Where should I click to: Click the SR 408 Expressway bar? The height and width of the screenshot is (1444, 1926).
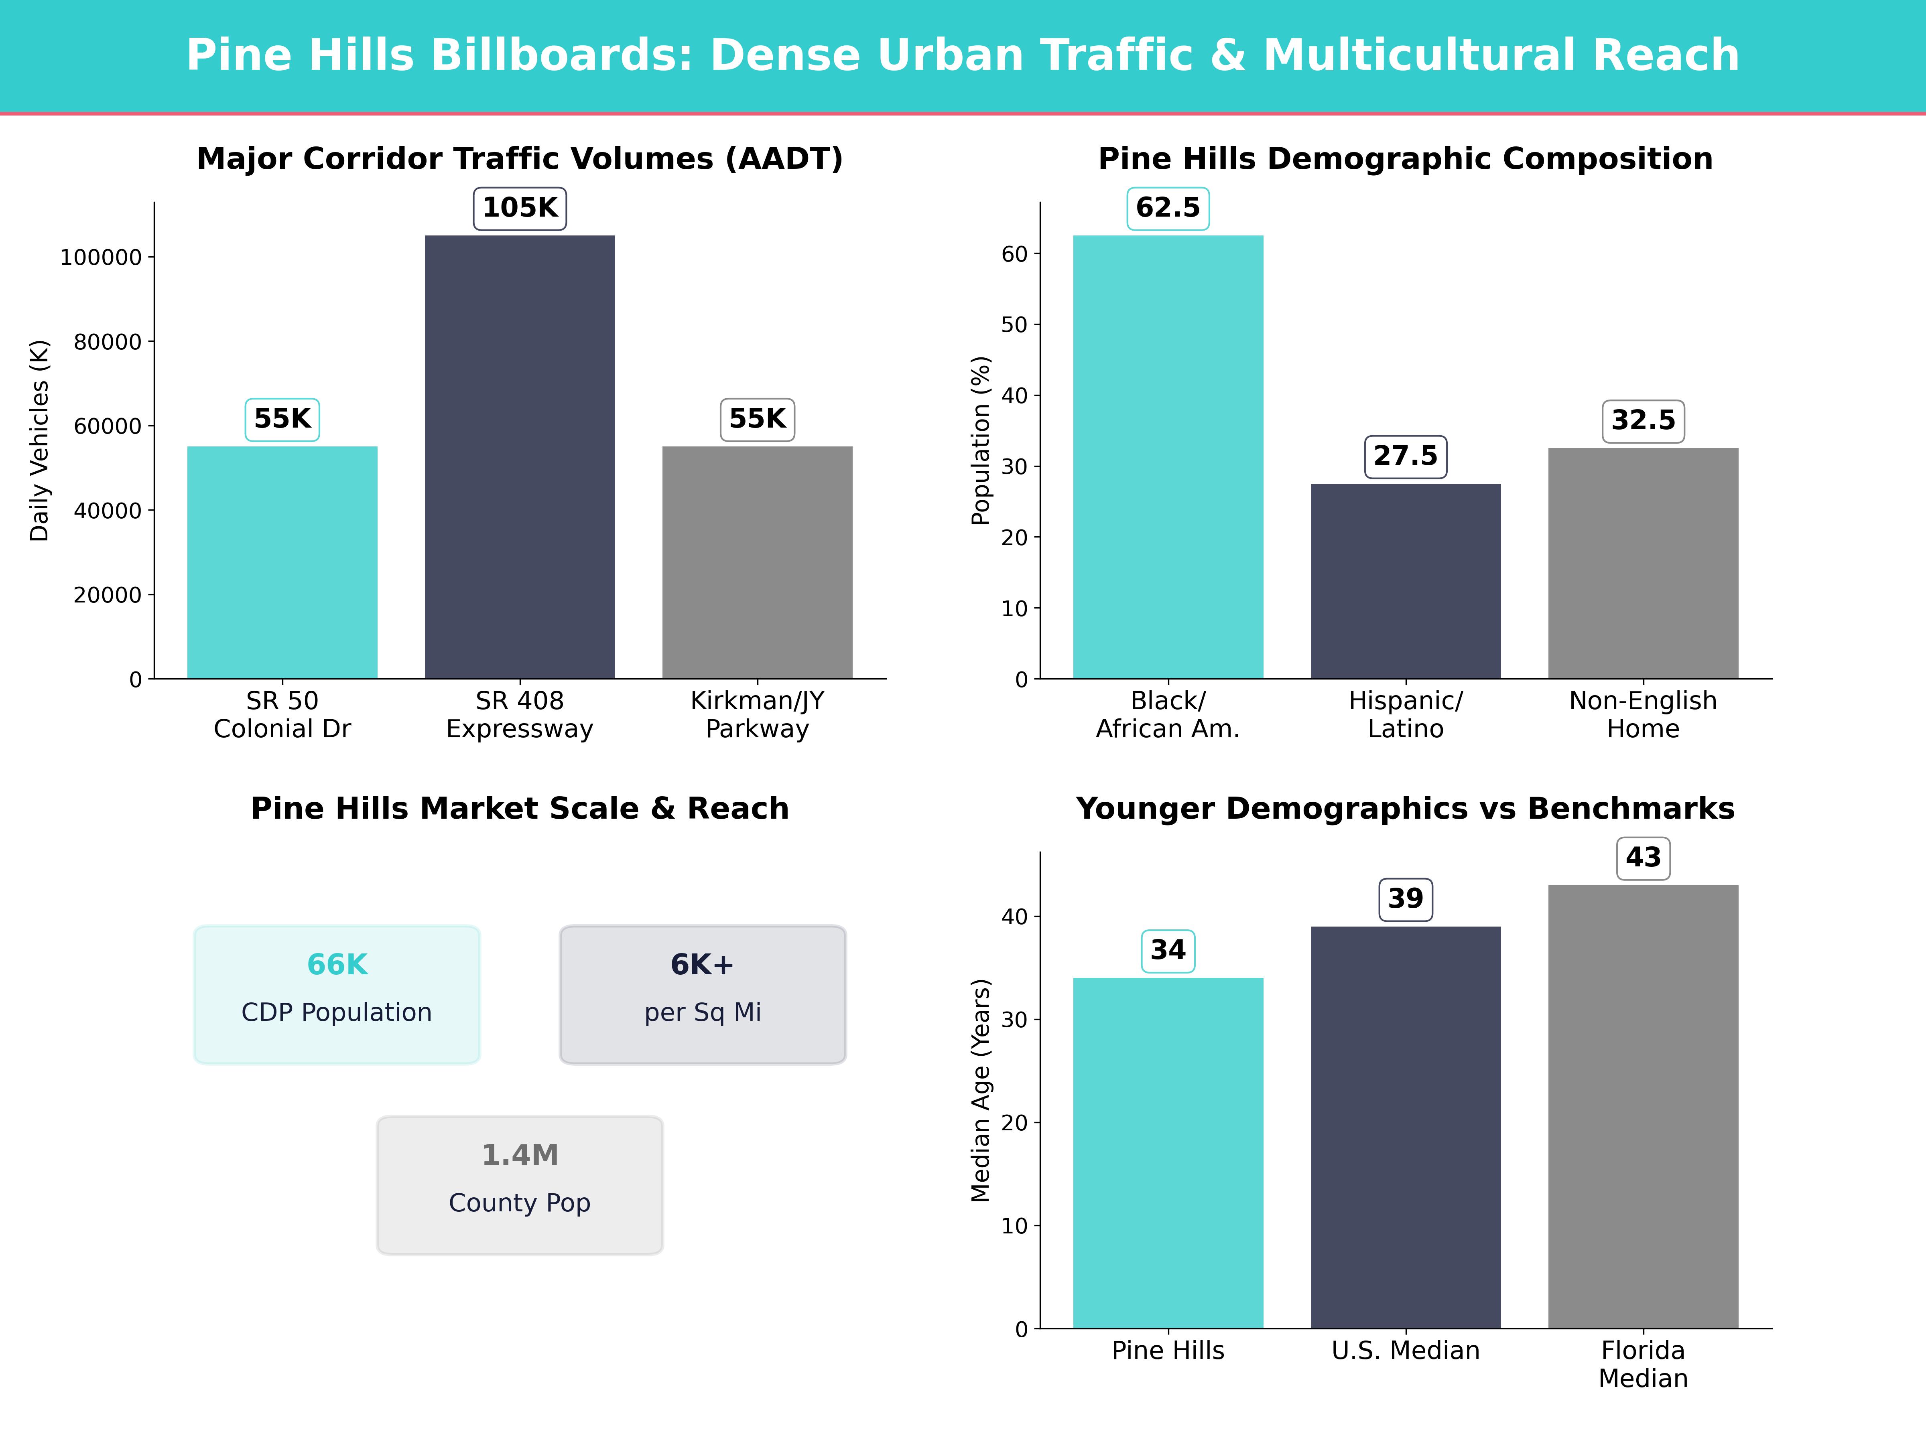[x=520, y=457]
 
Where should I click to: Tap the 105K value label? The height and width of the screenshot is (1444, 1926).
[x=520, y=208]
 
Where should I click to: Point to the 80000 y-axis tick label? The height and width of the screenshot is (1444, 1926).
[x=107, y=342]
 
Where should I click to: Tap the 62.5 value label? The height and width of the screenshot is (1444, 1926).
[x=1168, y=208]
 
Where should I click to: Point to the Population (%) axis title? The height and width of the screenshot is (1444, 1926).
[x=981, y=440]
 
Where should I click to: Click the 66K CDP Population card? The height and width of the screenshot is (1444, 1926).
[x=337, y=994]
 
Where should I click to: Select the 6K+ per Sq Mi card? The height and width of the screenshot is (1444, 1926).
[x=703, y=994]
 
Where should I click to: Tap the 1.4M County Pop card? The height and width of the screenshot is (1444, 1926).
[x=520, y=1184]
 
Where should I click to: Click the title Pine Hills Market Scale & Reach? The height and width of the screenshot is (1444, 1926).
[x=520, y=809]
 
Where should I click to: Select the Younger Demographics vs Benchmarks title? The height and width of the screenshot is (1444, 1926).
[x=1405, y=809]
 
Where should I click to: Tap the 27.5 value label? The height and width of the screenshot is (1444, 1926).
[x=1405, y=456]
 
